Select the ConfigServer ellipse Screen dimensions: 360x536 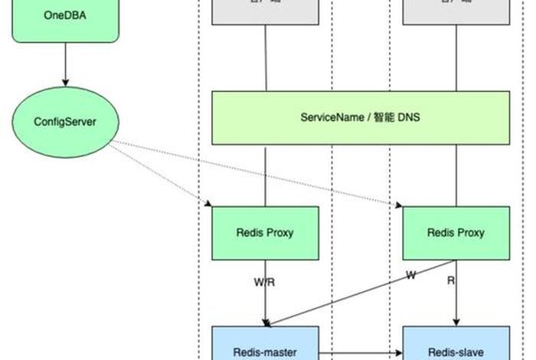65,121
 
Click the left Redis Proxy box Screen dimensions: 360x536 265,233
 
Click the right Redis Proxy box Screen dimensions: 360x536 456,233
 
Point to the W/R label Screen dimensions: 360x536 264,283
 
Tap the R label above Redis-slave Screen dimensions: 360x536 451,281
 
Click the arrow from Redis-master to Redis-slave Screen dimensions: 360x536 360,354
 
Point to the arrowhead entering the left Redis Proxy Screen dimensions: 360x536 208,204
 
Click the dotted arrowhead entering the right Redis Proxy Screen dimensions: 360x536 399,205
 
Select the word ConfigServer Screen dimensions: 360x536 65,121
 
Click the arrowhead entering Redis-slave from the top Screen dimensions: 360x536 457,322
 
